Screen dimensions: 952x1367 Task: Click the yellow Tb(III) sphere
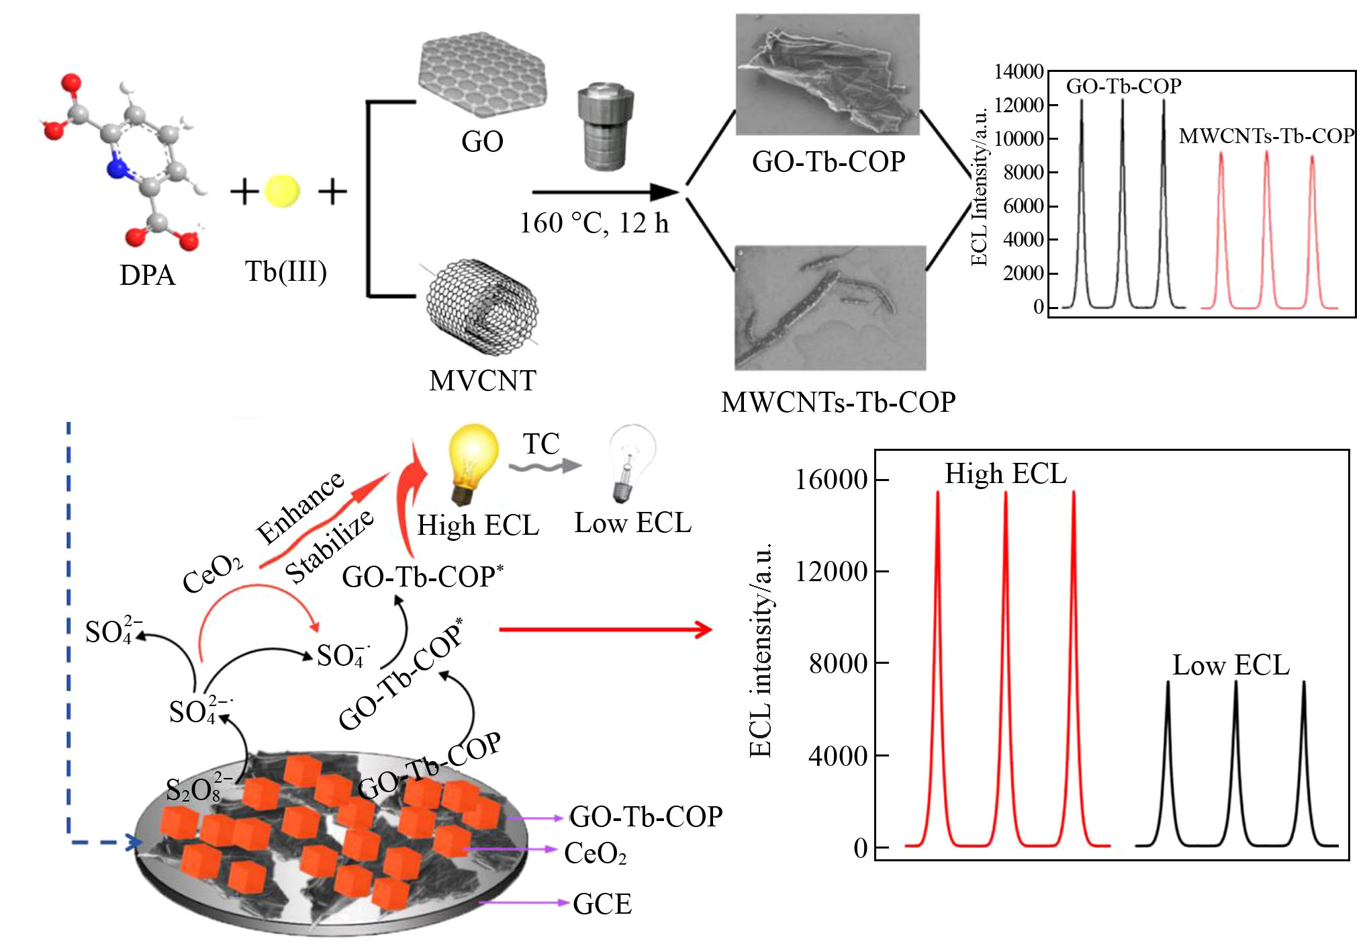[x=281, y=191]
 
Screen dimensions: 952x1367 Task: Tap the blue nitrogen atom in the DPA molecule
[x=117, y=168]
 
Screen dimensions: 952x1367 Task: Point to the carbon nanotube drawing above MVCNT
[x=482, y=307]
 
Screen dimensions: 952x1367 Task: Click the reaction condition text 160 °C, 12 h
[x=594, y=223]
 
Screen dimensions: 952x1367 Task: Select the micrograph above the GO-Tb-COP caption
[x=827, y=74]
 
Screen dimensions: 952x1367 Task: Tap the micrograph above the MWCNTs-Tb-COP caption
[x=830, y=308]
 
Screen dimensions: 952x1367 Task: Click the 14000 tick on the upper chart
[x=1019, y=72]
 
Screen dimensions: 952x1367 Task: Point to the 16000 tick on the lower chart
[x=831, y=480]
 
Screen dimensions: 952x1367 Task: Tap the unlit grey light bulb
[x=631, y=461]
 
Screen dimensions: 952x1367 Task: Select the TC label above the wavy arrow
[x=541, y=443]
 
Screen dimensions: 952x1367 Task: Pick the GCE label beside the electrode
[x=602, y=904]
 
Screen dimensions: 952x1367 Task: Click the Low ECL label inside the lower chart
[x=1231, y=665]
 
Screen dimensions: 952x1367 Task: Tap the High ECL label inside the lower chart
[x=1005, y=474]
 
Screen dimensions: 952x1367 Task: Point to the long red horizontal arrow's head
[x=704, y=630]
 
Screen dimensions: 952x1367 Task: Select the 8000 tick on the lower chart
[x=838, y=664]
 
